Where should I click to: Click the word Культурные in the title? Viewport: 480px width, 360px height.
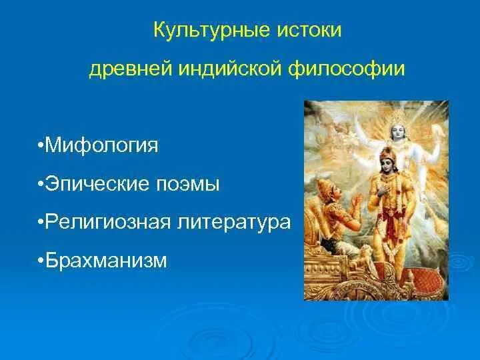click(x=212, y=31)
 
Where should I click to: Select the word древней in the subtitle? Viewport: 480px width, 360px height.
click(x=131, y=69)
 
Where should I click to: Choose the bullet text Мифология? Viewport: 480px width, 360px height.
click(x=101, y=145)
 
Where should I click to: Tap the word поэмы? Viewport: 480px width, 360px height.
click(x=187, y=185)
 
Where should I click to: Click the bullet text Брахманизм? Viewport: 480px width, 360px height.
click(x=106, y=260)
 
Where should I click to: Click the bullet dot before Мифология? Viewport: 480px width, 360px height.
click(x=41, y=145)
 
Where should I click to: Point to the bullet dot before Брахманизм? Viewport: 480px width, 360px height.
click(x=41, y=261)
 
